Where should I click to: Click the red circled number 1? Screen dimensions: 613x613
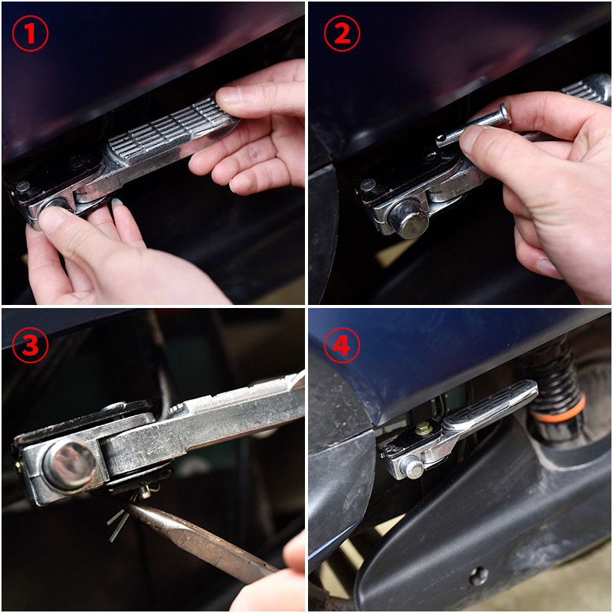pyautogui.click(x=30, y=33)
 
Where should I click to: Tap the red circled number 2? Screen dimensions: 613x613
pyautogui.click(x=342, y=33)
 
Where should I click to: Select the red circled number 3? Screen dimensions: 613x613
pyautogui.click(x=30, y=346)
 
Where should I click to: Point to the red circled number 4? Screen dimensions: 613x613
pyautogui.click(x=342, y=346)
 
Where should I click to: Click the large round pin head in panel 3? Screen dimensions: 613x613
pyautogui.click(x=70, y=464)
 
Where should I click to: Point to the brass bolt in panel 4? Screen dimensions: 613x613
pyautogui.click(x=424, y=428)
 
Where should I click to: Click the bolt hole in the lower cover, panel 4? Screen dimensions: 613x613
pyautogui.click(x=478, y=575)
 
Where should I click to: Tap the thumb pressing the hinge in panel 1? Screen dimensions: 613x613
pyautogui.click(x=59, y=227)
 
